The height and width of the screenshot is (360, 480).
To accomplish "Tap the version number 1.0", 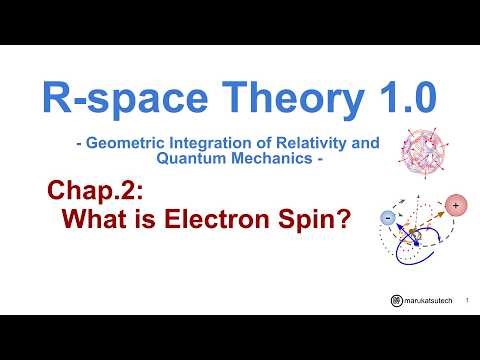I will tap(399, 98).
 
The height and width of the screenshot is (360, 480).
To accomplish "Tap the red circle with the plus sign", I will tap(456, 207).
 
